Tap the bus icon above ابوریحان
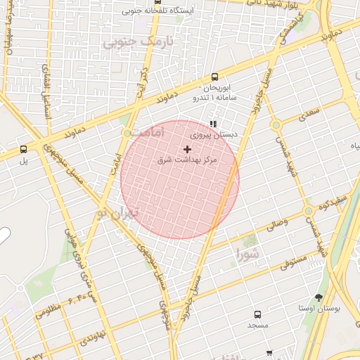click(x=214, y=77)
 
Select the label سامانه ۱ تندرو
click(x=213, y=97)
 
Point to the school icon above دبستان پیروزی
click(x=214, y=124)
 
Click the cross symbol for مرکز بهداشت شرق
click(x=187, y=149)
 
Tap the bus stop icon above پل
click(x=24, y=149)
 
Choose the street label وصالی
click(x=276, y=226)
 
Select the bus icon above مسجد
click(x=257, y=314)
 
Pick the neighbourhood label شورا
click(x=247, y=252)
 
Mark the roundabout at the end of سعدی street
click(x=276, y=124)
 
